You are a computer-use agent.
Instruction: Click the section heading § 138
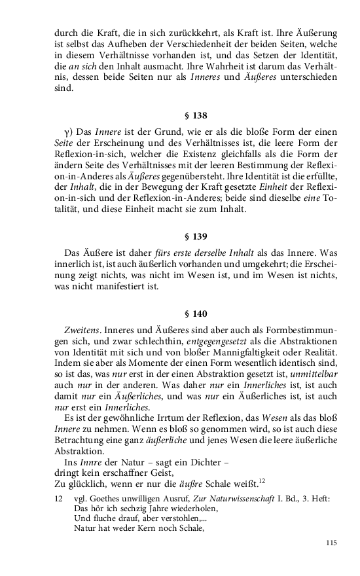(x=196, y=116)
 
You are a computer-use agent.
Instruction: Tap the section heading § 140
(x=196, y=313)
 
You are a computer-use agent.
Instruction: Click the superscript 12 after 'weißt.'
(x=261, y=481)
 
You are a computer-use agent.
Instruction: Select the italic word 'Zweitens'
(x=81, y=329)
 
